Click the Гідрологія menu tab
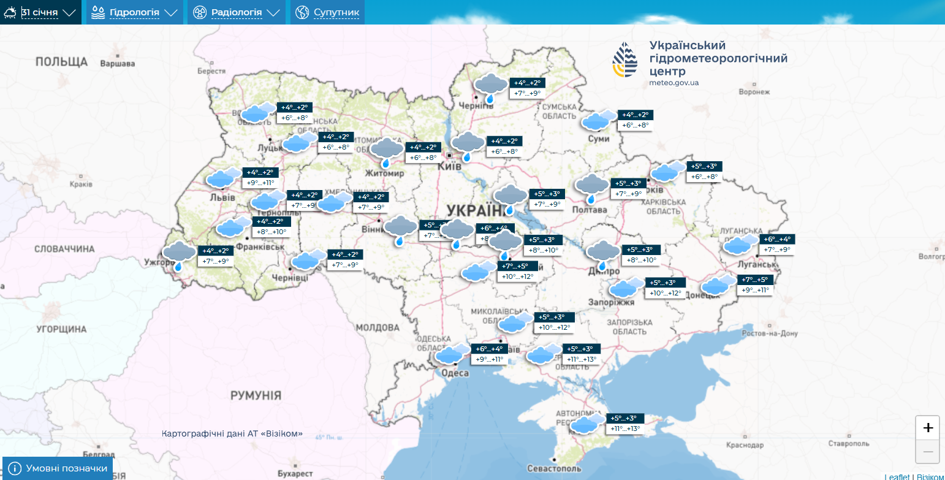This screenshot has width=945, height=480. (134, 12)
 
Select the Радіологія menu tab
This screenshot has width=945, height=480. (236, 12)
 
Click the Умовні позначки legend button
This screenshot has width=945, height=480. (59, 469)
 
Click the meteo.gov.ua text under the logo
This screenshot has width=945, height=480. (674, 82)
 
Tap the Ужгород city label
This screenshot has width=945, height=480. (155, 262)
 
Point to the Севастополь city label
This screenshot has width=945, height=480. (553, 468)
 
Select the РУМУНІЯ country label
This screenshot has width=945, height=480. (256, 395)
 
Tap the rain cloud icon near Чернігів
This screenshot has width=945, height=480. (491, 86)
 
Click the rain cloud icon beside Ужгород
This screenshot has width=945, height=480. (179, 255)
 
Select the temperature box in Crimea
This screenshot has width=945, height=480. (624, 423)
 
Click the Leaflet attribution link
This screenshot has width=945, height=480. (897, 476)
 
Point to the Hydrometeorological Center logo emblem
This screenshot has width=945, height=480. (625, 60)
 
